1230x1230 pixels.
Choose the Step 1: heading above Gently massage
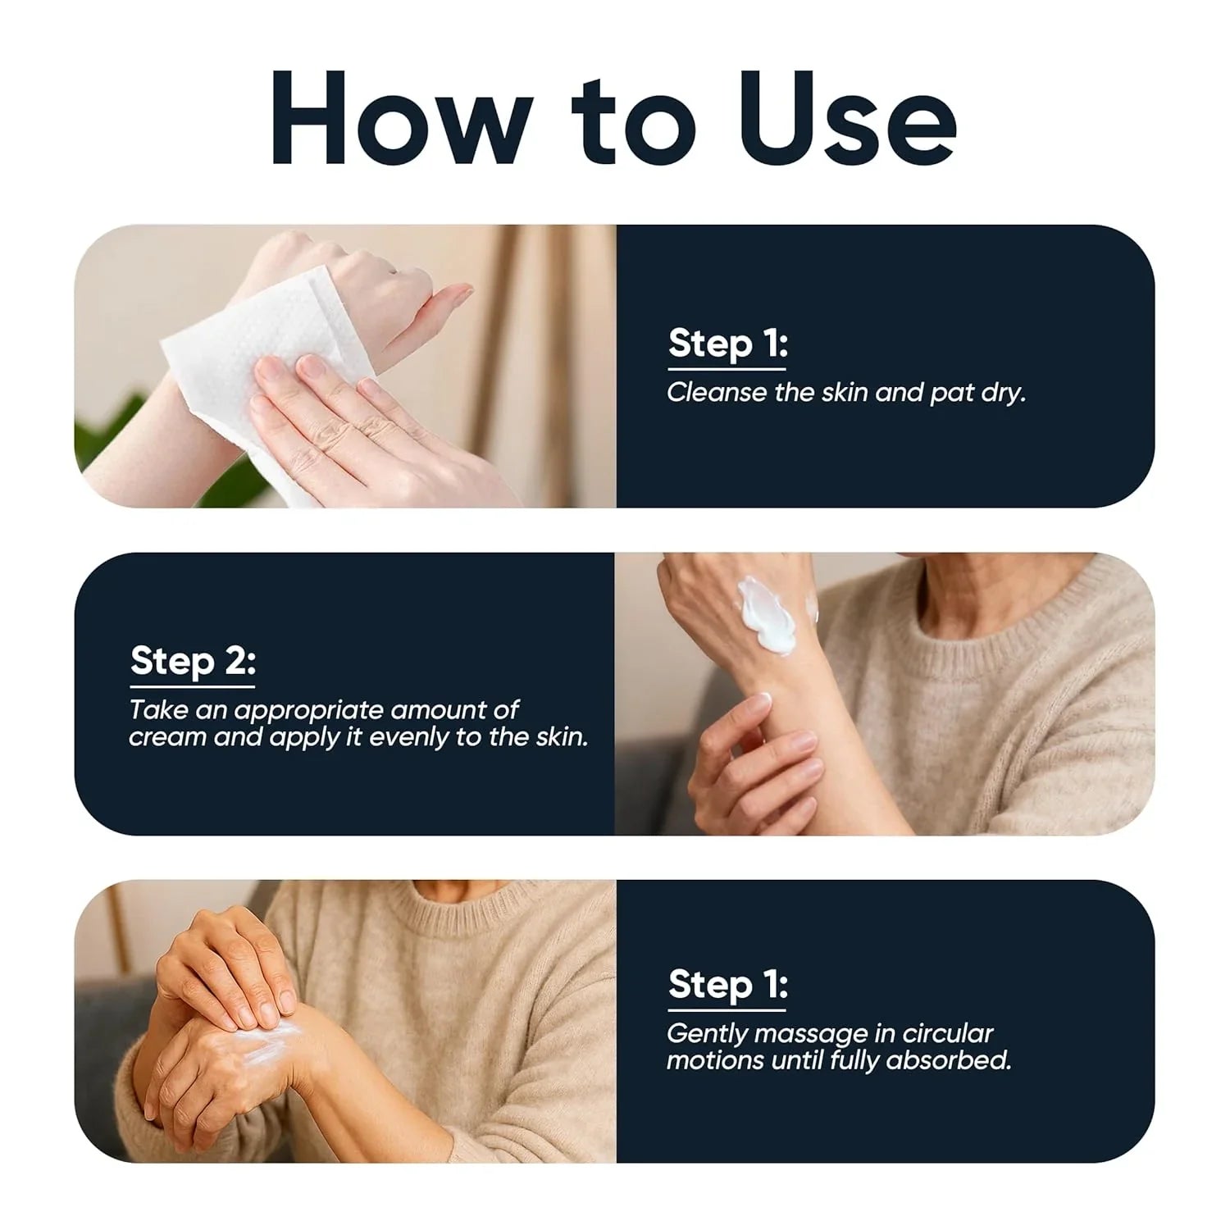[x=727, y=983]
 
